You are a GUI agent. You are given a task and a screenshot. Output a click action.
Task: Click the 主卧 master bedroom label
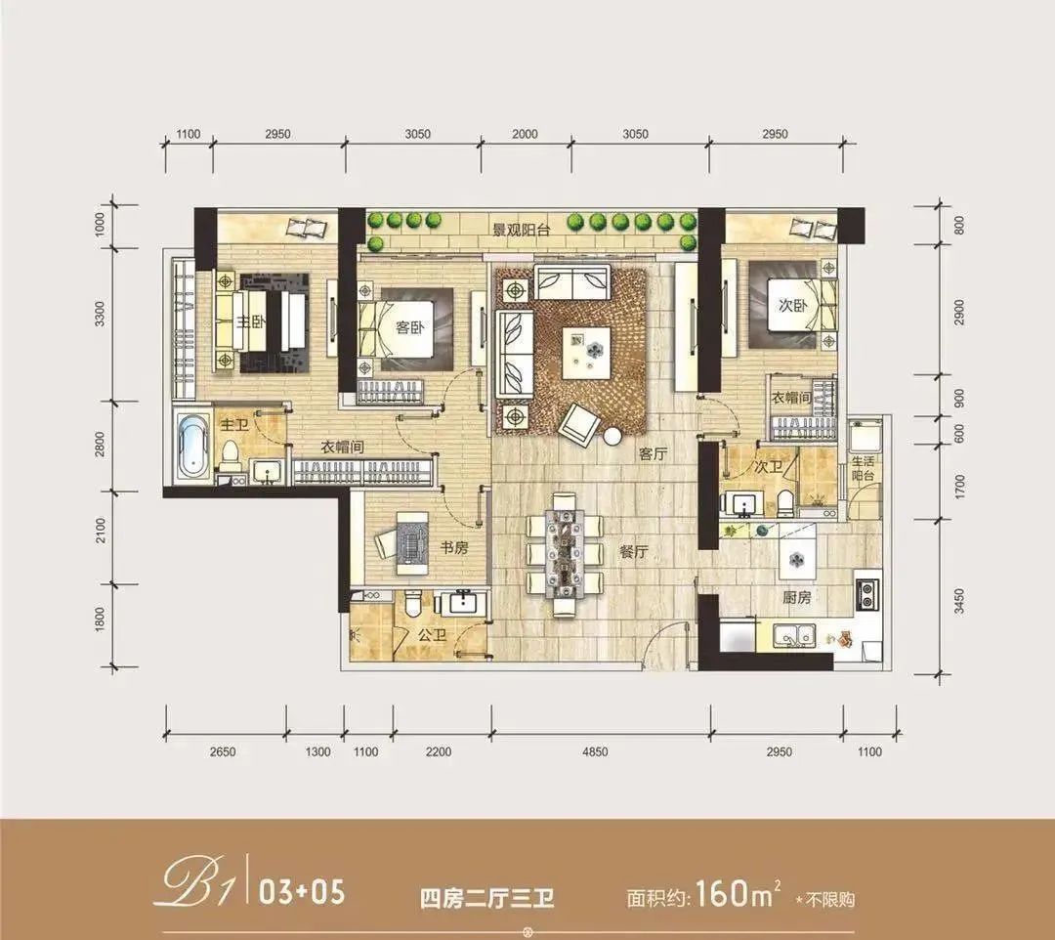pyautogui.click(x=250, y=321)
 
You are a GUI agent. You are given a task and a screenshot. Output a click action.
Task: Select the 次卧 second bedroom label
pyautogui.click(x=792, y=305)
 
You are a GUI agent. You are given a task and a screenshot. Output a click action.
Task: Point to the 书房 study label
pyautogui.click(x=454, y=548)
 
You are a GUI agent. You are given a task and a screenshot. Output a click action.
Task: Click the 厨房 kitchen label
pyautogui.click(x=797, y=597)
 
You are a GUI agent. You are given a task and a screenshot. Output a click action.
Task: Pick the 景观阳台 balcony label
pyautogui.click(x=522, y=231)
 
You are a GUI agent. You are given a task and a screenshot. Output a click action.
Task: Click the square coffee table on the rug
pyautogui.click(x=586, y=354)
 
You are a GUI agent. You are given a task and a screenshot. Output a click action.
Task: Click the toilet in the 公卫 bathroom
pyautogui.click(x=414, y=602)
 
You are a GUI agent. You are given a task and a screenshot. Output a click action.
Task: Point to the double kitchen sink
pyautogui.click(x=794, y=634)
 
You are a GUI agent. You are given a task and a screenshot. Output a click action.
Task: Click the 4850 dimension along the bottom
pyautogui.click(x=594, y=751)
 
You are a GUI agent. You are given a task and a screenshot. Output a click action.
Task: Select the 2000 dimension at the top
pyautogui.click(x=525, y=134)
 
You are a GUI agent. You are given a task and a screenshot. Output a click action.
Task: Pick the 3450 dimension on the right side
pyautogui.click(x=959, y=601)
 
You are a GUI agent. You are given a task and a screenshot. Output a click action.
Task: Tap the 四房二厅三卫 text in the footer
pyautogui.click(x=487, y=898)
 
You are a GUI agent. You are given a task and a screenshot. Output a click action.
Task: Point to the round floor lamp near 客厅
pyautogui.click(x=612, y=436)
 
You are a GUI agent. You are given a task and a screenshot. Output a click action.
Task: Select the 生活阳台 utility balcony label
pyautogui.click(x=863, y=468)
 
